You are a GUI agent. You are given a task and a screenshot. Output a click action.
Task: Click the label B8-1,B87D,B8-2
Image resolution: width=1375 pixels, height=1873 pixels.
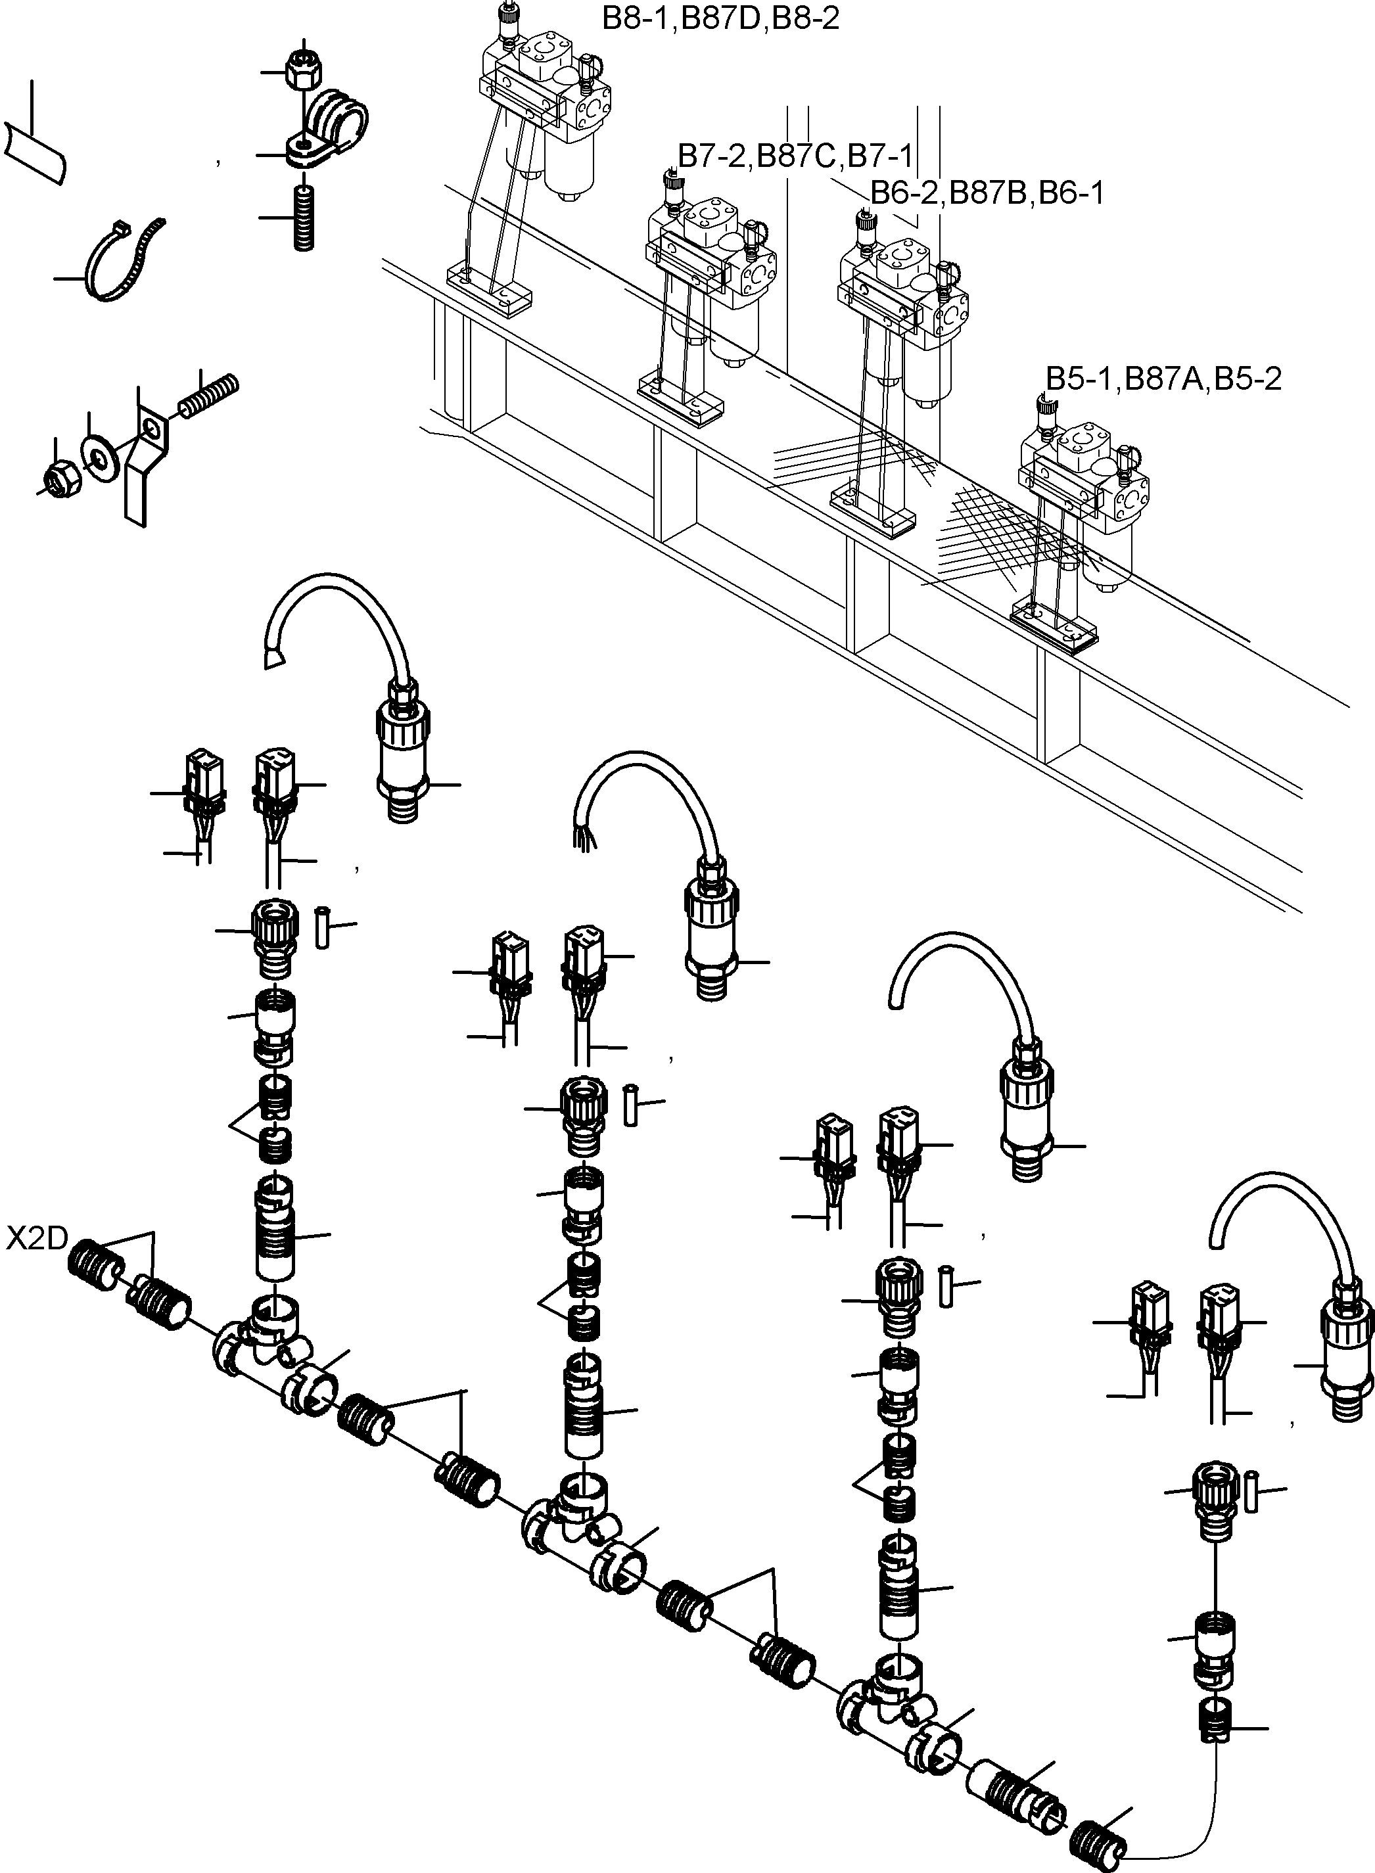[x=721, y=18]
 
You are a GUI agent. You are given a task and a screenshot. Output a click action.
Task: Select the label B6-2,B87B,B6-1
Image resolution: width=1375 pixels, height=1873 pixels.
[x=987, y=193]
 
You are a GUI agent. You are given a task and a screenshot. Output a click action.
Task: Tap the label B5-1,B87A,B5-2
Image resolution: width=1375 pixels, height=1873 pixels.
[x=1163, y=379]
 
